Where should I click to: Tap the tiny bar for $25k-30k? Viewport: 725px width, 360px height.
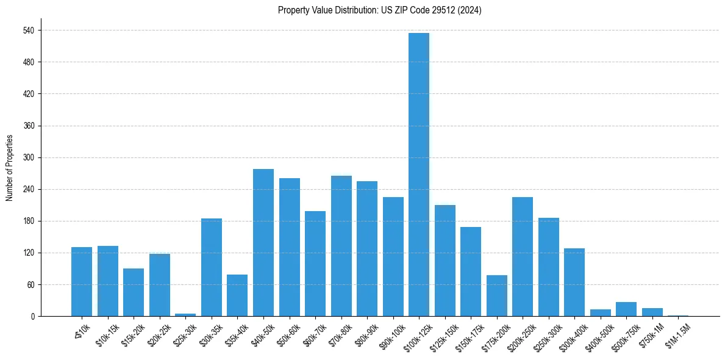pos(185,315)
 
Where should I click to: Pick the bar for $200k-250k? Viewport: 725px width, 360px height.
pos(523,256)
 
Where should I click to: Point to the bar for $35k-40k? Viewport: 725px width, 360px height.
pos(237,295)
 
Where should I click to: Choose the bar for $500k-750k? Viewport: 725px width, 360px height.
pos(626,309)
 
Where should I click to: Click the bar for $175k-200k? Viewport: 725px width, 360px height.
pos(497,295)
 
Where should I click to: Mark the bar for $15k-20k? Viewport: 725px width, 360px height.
pos(134,292)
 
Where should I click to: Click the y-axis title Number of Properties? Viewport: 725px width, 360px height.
pos(9,168)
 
